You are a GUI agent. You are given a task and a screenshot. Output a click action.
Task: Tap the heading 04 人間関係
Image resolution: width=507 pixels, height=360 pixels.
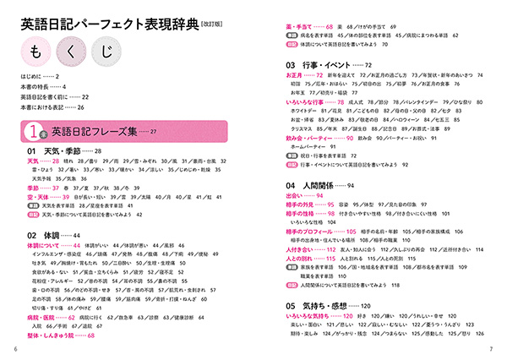tap(314, 184)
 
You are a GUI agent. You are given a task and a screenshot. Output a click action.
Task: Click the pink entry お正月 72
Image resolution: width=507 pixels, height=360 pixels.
tap(305, 76)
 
